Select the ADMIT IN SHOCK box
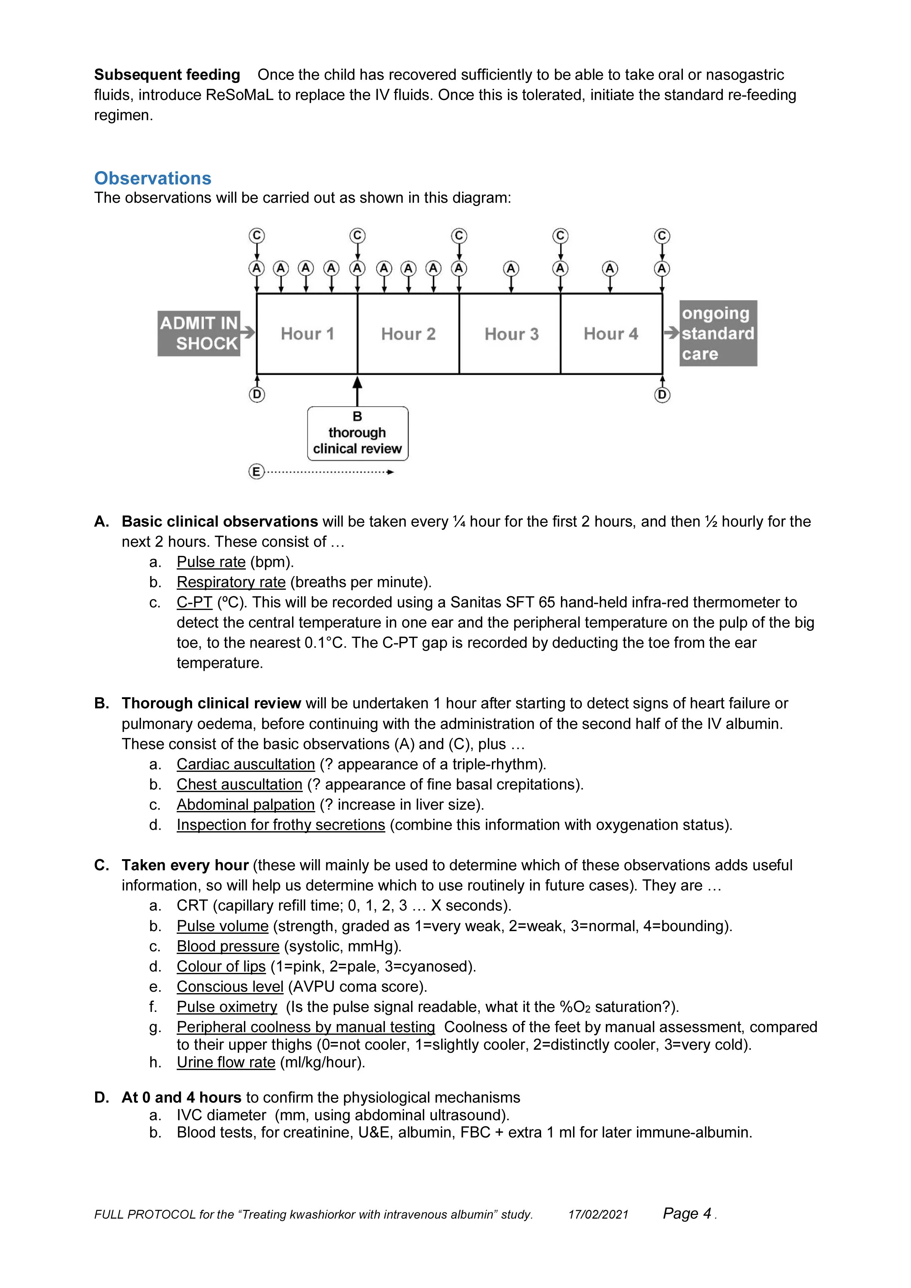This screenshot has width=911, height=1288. coord(199,333)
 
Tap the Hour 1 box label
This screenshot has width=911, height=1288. coord(307,334)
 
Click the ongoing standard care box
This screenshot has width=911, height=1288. coord(717,333)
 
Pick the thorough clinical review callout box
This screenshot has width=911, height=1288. coord(357,433)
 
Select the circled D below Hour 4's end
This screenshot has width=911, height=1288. coord(662,395)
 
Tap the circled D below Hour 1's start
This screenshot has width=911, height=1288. coord(256,395)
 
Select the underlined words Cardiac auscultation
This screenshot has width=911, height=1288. coord(245,764)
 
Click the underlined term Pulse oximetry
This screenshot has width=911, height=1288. coord(227,1007)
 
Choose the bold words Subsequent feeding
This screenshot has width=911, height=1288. coord(167,75)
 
